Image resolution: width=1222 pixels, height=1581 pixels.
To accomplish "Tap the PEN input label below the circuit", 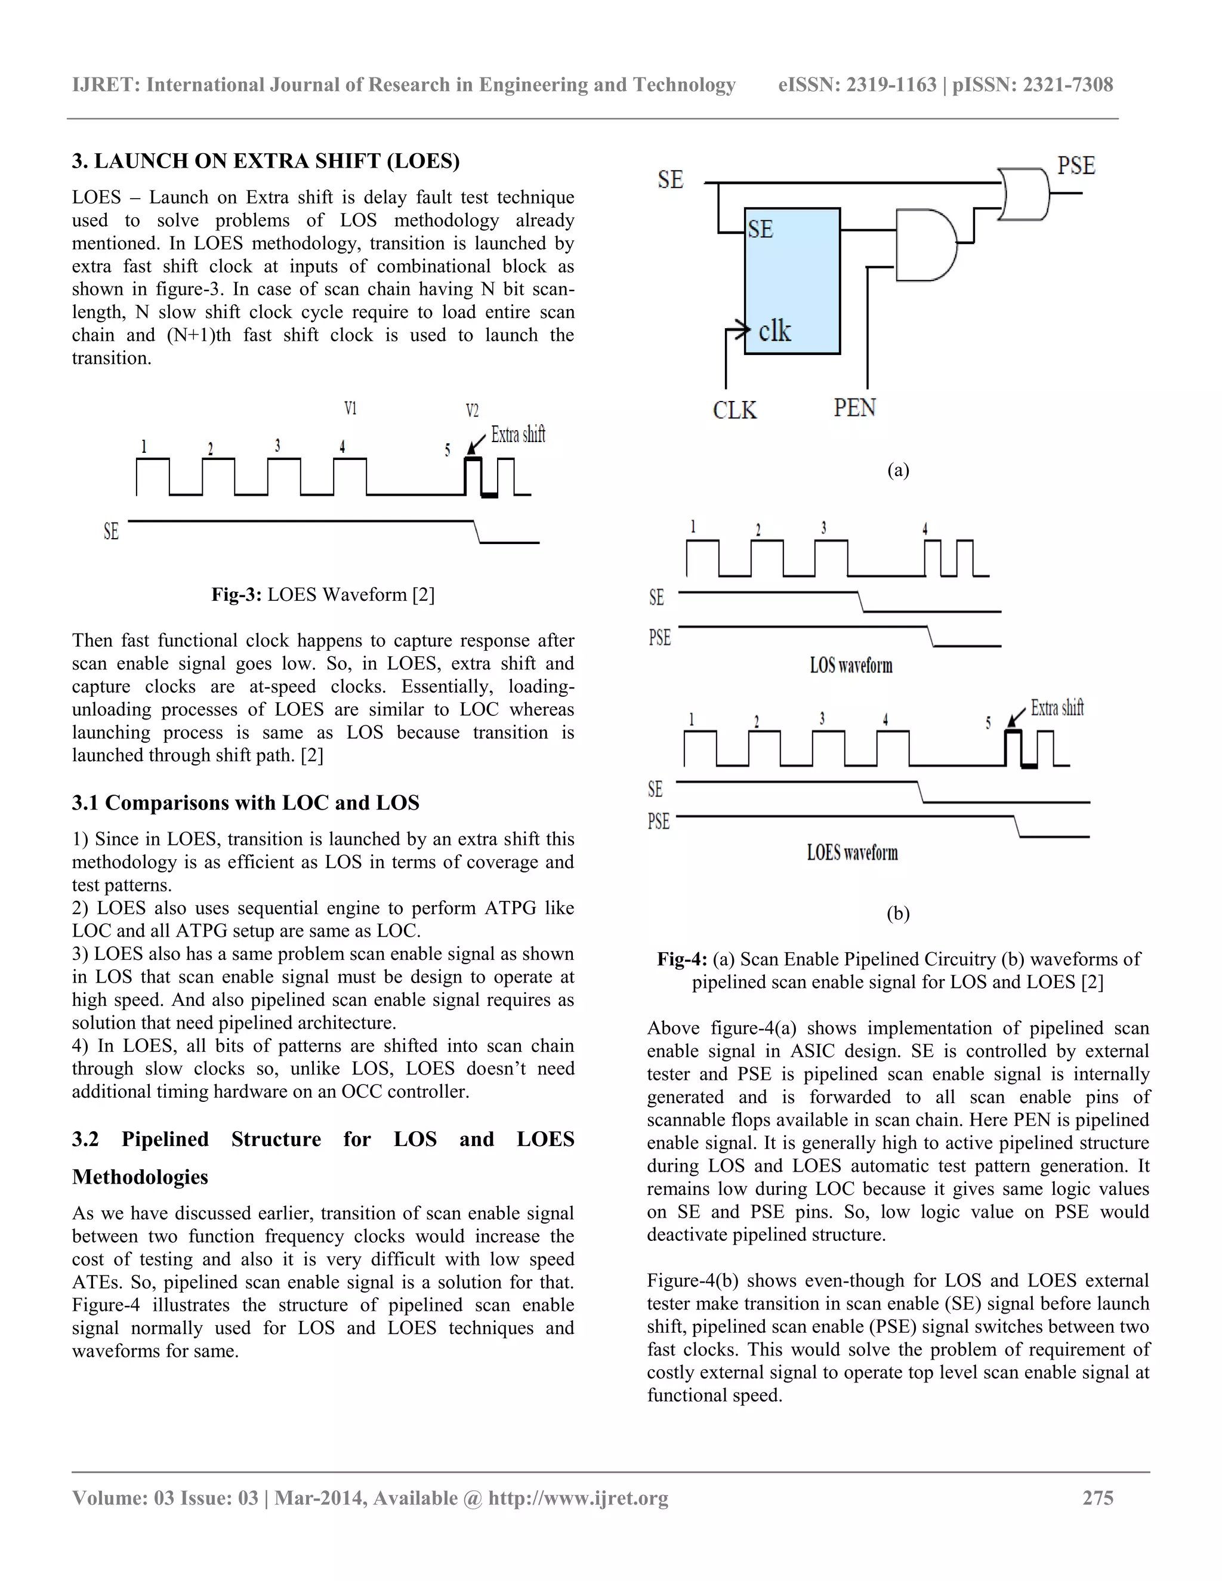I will coord(854,407).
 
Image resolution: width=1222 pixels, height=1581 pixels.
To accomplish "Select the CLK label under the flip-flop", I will coord(734,410).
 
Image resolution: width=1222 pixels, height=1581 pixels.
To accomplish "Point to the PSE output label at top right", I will coord(1076,166).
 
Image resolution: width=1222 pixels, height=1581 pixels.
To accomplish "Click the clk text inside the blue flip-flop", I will coord(774,332).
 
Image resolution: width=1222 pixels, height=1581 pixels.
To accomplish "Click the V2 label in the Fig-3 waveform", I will coord(472,411).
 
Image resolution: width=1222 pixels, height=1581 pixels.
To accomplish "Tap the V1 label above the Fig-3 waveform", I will coord(350,409).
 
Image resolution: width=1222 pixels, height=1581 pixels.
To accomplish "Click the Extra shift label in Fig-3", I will coord(517,434).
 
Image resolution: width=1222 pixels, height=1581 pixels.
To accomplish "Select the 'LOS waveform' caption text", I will coord(851,665).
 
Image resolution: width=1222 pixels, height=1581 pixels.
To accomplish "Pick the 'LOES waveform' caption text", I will coord(852,852).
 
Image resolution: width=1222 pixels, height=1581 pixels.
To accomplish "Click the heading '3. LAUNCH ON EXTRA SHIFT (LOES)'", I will coord(266,160).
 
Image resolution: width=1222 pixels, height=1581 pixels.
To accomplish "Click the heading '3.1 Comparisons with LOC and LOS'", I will coord(245,803).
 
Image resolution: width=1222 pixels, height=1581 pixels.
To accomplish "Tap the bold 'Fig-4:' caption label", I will coord(681,959).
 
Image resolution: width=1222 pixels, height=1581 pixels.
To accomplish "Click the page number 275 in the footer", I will coord(1097,1497).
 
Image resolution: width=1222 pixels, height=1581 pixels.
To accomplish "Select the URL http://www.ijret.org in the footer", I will coord(578,1497).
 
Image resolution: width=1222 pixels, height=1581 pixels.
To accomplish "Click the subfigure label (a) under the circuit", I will coord(897,471).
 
